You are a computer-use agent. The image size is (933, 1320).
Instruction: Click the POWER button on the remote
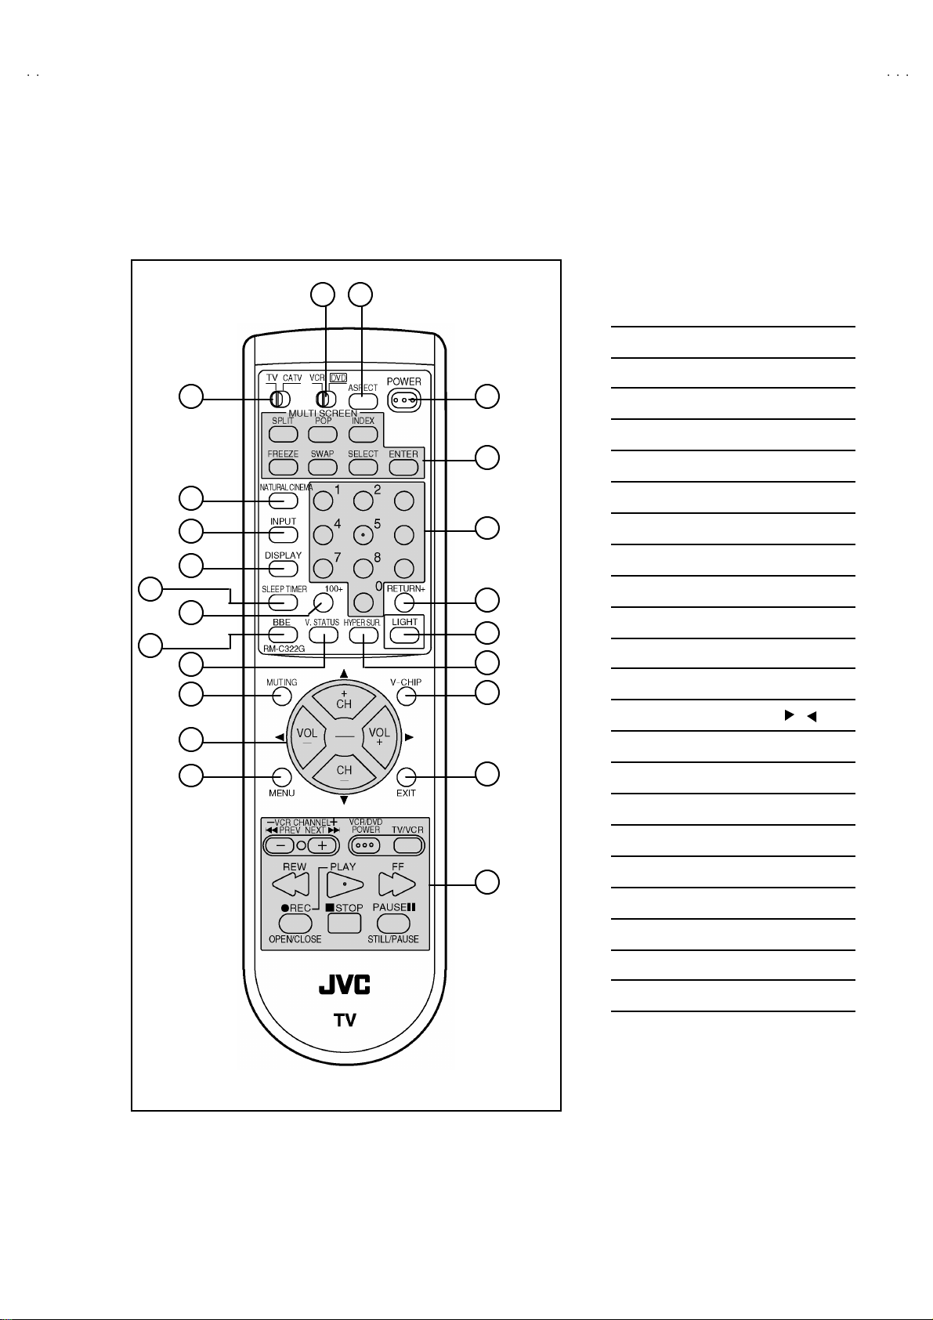pos(403,401)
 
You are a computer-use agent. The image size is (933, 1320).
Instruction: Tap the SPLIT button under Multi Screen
pos(283,434)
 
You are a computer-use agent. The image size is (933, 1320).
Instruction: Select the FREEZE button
pos(283,468)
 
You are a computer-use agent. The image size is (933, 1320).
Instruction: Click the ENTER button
pos(403,468)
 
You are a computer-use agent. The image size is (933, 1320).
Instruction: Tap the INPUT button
pos(284,534)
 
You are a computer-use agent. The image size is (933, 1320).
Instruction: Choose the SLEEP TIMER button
pos(283,602)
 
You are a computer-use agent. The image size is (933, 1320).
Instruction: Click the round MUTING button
pos(282,696)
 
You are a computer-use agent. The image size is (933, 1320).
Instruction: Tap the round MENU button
pos(282,776)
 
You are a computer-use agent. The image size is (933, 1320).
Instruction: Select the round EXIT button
pos(406,776)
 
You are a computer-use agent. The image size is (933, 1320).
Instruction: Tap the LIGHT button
pos(404,635)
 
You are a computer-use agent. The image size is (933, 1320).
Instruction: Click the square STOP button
pos(344,923)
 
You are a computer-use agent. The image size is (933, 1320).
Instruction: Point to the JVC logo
pos(344,984)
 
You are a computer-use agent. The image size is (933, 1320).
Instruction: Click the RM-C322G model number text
pos(284,649)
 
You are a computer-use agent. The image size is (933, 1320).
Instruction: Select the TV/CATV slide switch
pos(280,399)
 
